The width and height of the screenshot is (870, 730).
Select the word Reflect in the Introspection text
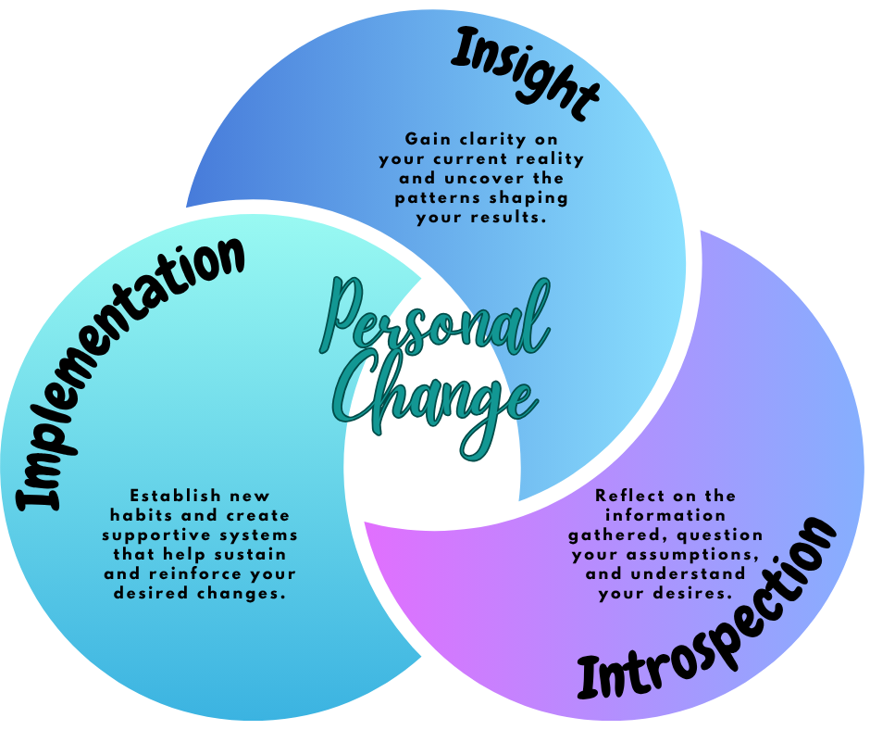click(628, 496)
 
